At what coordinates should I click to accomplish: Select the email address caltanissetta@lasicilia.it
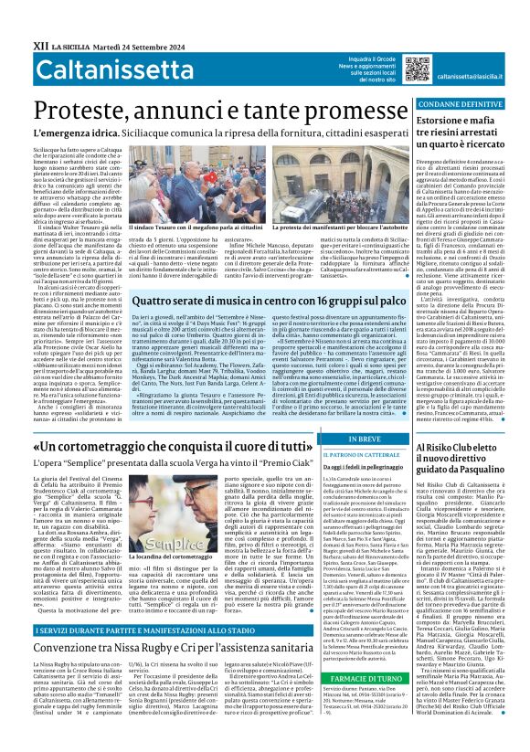click(476, 78)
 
